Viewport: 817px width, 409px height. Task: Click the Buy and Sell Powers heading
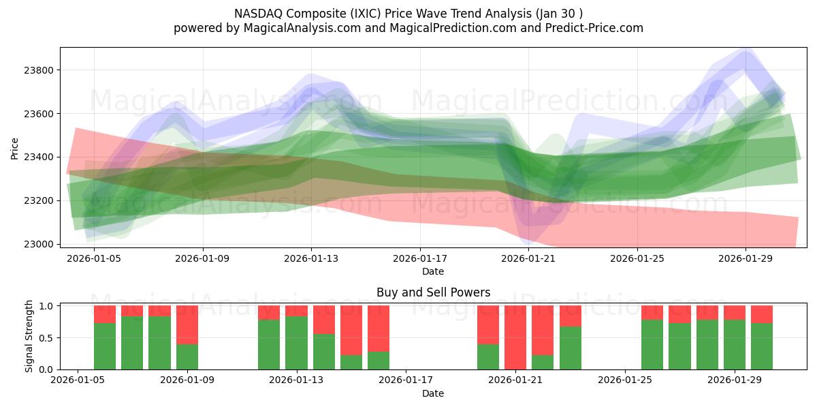click(x=433, y=292)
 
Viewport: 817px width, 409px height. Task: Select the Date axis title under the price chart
click(x=433, y=271)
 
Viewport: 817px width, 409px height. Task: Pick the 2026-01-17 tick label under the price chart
click(x=420, y=258)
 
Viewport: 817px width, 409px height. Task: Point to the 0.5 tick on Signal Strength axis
click(x=46, y=338)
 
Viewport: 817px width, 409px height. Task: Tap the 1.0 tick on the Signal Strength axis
click(x=46, y=306)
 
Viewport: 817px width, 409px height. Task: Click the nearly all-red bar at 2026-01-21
click(x=515, y=337)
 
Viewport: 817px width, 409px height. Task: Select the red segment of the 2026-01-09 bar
click(x=187, y=324)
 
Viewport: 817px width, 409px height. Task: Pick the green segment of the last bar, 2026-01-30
click(x=762, y=346)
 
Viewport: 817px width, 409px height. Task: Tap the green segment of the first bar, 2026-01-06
click(x=105, y=346)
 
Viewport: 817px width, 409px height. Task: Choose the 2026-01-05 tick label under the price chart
click(x=95, y=258)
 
